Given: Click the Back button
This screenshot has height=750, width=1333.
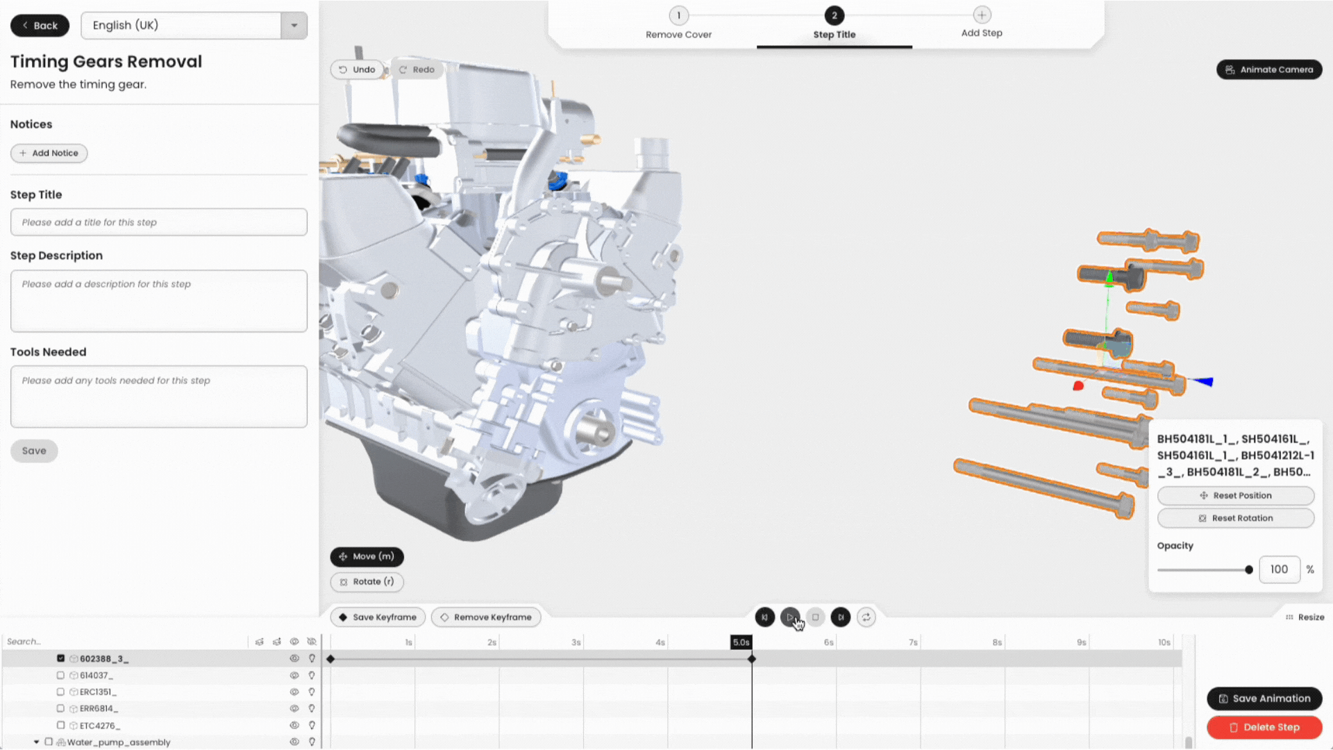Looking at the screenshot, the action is [40, 26].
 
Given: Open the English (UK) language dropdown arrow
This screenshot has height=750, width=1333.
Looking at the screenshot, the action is [294, 26].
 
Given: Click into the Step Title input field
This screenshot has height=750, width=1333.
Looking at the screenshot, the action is [159, 222].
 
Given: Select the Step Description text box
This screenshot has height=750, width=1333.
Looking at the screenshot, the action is [159, 301].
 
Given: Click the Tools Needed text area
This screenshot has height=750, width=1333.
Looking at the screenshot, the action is [159, 397].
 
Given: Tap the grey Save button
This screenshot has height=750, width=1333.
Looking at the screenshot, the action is [34, 451].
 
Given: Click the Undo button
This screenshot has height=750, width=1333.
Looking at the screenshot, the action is [358, 69].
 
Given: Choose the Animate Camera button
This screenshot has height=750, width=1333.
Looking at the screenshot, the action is [1269, 69].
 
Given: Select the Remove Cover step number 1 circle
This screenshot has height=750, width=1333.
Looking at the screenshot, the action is [678, 15].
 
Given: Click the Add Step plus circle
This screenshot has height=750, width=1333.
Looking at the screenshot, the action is [982, 15].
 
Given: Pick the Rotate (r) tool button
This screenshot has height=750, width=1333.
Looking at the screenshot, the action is [367, 582].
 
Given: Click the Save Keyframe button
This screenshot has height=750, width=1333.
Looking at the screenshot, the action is [378, 617].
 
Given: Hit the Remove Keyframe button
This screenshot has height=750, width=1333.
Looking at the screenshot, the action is [486, 617].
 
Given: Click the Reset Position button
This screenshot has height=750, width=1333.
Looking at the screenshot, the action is [1236, 496].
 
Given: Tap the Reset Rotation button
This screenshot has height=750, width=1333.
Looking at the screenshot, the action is [1236, 519].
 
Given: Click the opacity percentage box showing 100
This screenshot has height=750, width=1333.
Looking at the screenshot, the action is [1279, 569].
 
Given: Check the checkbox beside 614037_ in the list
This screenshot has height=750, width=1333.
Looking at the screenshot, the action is [60, 675].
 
